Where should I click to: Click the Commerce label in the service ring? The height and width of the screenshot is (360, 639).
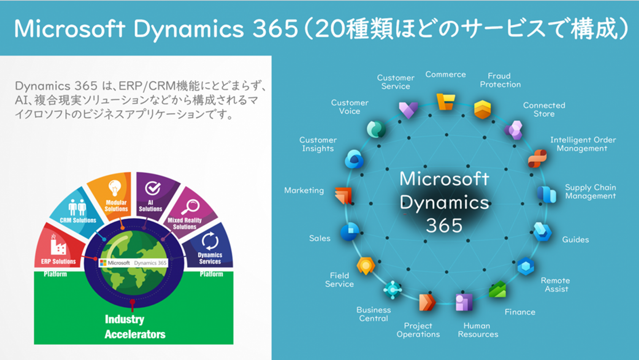(x=446, y=75)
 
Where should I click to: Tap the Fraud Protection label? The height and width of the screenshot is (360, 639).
(x=500, y=80)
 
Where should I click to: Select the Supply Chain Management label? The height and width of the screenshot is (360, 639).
(x=591, y=192)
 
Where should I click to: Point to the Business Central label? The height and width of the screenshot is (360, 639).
(x=374, y=314)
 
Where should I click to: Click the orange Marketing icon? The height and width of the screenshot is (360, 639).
(x=343, y=196)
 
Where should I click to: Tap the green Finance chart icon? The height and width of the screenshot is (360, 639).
(x=497, y=289)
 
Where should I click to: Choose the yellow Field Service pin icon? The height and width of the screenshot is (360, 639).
(x=366, y=265)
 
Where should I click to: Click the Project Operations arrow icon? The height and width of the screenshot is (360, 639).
(x=427, y=302)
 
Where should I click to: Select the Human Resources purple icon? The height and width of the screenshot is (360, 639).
(x=464, y=302)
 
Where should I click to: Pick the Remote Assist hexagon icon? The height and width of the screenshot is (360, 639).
(x=526, y=266)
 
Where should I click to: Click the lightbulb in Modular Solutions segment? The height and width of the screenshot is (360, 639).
(x=114, y=188)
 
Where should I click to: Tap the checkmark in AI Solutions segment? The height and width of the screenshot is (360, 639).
(x=153, y=188)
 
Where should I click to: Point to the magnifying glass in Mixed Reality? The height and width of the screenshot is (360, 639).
(x=190, y=207)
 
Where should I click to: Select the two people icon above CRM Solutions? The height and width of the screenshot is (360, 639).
(x=77, y=207)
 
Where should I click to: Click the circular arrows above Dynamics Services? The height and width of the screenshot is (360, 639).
(x=210, y=241)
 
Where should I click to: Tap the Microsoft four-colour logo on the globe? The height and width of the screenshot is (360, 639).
(x=103, y=263)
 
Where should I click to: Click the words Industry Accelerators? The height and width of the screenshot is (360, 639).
(x=135, y=327)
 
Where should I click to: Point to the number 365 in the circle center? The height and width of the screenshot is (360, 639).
(x=444, y=225)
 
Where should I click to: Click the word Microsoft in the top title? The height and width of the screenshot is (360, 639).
(x=70, y=28)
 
